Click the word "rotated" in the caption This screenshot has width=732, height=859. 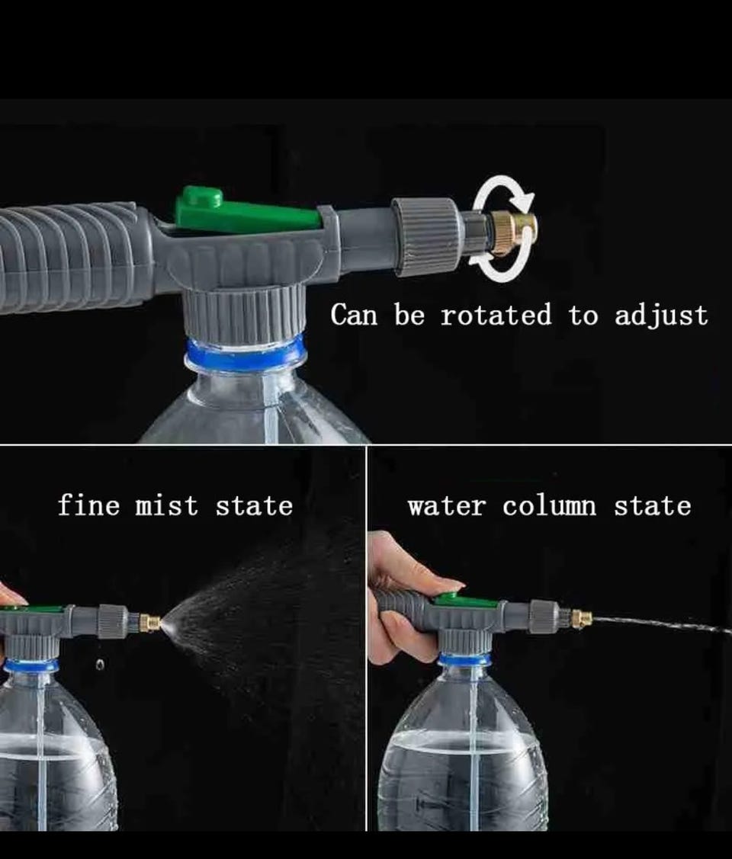pyautogui.click(x=496, y=315)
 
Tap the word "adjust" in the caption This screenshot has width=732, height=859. pyautogui.click(x=661, y=316)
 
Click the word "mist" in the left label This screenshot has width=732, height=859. pyautogui.click(x=166, y=505)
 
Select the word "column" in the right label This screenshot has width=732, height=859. pyautogui.click(x=549, y=505)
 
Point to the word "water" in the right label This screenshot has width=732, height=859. pyautogui.click(x=447, y=506)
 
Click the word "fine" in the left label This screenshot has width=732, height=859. pyautogui.click(x=88, y=505)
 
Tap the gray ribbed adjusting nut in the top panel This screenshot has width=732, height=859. pyautogui.click(x=425, y=236)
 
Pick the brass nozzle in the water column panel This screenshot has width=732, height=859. pyautogui.click(x=581, y=618)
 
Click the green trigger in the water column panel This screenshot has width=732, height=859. pyautogui.click(x=466, y=601)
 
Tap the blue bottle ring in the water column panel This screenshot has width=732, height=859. pyautogui.click(x=464, y=659)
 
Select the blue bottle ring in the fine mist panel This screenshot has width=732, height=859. pyautogui.click(x=30, y=665)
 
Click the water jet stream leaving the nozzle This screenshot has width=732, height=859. pyautogui.click(x=662, y=624)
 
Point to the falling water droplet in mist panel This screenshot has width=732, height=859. pyautogui.click(x=99, y=665)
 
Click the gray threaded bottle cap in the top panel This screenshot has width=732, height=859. pyautogui.click(x=244, y=315)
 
